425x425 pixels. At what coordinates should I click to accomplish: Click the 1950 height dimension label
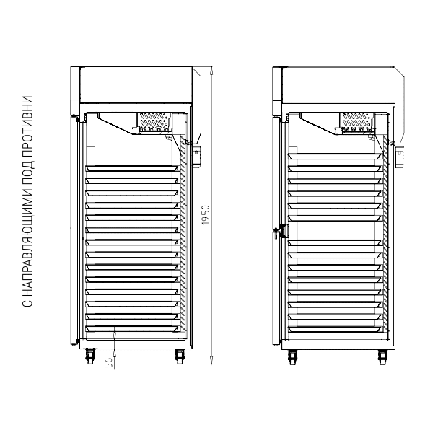click(x=206, y=215)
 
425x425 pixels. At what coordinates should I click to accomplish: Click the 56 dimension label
click(x=108, y=362)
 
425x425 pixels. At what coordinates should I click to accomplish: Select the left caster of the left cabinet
click(x=90, y=356)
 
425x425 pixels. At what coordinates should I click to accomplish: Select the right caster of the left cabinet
click(x=180, y=356)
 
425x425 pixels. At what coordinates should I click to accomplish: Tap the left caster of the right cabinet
click(x=292, y=357)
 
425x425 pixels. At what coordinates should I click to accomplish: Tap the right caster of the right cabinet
click(x=382, y=357)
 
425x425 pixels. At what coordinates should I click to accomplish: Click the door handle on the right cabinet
click(x=281, y=231)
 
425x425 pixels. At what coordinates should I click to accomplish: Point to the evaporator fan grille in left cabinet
click(x=154, y=120)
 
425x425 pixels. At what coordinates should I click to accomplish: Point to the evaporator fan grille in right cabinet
click(x=357, y=120)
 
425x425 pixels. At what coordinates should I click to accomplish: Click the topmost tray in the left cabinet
click(x=133, y=168)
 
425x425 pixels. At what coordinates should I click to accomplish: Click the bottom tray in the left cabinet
click(x=133, y=328)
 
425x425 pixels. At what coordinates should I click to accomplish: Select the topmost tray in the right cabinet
click(x=335, y=156)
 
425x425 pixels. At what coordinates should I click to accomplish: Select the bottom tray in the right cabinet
click(x=335, y=329)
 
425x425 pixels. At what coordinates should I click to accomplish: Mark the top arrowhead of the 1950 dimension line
click(x=211, y=71)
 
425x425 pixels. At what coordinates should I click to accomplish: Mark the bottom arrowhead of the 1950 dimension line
click(x=211, y=360)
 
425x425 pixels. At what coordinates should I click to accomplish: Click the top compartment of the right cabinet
click(x=338, y=85)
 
